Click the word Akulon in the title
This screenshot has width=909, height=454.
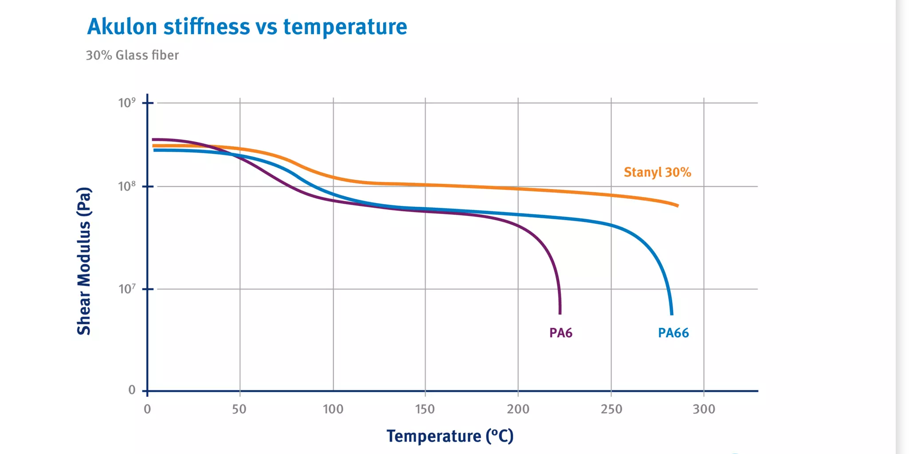pyautogui.click(x=122, y=27)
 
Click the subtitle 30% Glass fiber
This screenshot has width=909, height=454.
pyautogui.click(x=132, y=55)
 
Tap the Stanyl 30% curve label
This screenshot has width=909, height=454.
pyautogui.click(x=657, y=172)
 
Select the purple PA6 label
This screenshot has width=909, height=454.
pyautogui.click(x=560, y=333)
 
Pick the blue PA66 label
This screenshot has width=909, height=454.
pyautogui.click(x=673, y=333)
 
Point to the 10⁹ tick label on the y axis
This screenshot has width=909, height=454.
pyautogui.click(x=127, y=103)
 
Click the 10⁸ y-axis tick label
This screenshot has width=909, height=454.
pyautogui.click(x=127, y=186)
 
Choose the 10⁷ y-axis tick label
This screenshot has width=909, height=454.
pyautogui.click(x=127, y=289)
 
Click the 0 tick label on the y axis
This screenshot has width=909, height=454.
pyautogui.click(x=132, y=390)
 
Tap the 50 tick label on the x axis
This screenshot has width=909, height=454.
pyautogui.click(x=239, y=409)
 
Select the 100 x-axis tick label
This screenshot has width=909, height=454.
pyautogui.click(x=333, y=409)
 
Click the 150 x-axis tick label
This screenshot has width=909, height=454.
pyautogui.click(x=425, y=409)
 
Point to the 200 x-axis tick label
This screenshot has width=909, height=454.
pyautogui.click(x=518, y=409)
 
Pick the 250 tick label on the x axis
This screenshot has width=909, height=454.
pyautogui.click(x=611, y=409)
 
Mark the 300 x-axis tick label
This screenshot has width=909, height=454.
pyautogui.click(x=704, y=409)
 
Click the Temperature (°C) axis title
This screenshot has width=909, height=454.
pyautogui.click(x=450, y=436)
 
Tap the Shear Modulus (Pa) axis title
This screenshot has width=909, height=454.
pyautogui.click(x=84, y=261)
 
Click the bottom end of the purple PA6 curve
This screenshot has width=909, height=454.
pyautogui.click(x=560, y=313)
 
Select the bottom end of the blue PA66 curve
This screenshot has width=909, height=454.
pyautogui.click(x=672, y=313)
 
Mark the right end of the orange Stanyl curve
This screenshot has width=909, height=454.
pyautogui.click(x=677, y=205)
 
